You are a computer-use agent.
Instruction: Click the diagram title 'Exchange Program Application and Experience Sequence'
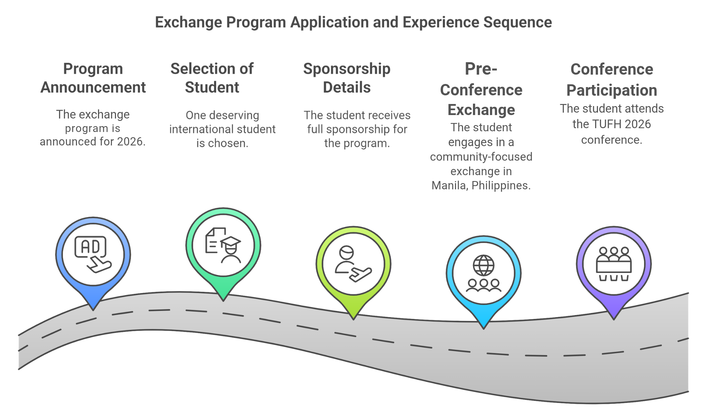[353, 22]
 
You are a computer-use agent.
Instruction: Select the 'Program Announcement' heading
[93, 78]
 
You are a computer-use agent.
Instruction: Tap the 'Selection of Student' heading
[212, 78]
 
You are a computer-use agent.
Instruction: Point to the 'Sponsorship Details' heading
[347, 78]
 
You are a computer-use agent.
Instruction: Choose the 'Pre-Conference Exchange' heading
[481, 90]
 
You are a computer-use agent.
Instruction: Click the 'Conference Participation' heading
[612, 80]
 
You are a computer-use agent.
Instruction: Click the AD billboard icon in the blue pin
[90, 247]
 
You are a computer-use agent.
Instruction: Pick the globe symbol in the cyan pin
[483, 265]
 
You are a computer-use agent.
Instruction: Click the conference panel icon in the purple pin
[613, 264]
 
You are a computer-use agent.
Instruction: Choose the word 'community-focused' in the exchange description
[481, 157]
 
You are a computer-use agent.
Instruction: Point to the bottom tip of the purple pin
[613, 319]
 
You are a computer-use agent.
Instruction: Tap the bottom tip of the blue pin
[93, 309]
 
